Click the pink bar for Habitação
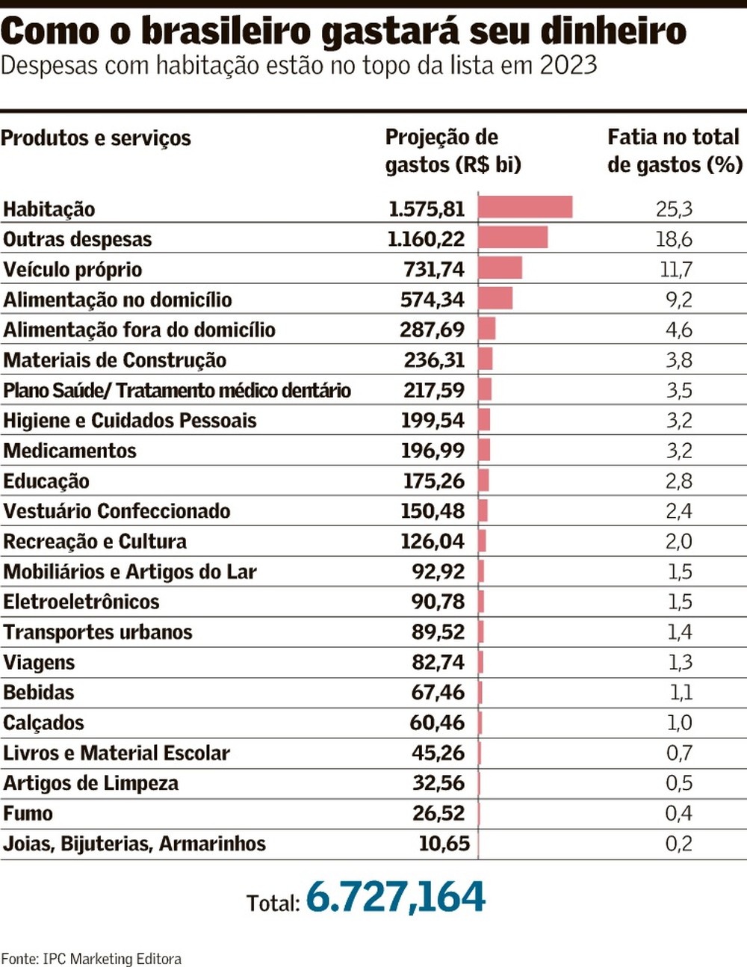(x=525, y=207)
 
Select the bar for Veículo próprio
(x=500, y=268)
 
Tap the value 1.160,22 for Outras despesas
(x=426, y=239)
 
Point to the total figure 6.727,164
(x=395, y=897)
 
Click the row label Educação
(x=46, y=481)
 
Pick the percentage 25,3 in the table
(x=674, y=209)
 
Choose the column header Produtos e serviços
(x=96, y=138)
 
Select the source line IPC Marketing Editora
(x=111, y=959)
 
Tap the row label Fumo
(x=28, y=814)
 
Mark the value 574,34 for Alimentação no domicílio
(x=432, y=300)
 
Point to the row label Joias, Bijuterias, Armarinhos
(x=134, y=844)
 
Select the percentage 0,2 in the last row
(x=678, y=844)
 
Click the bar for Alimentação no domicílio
(x=495, y=298)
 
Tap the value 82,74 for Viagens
(x=438, y=663)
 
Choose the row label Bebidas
(x=39, y=693)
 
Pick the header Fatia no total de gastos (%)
(x=674, y=151)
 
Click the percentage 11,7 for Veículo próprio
(x=675, y=270)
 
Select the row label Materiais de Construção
(x=114, y=360)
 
